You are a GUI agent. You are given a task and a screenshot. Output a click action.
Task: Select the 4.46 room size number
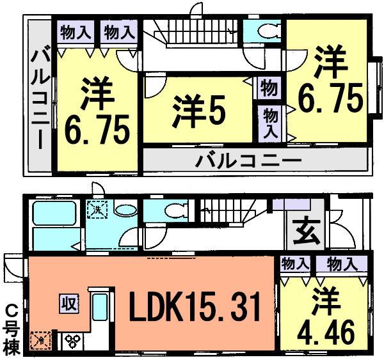tap(325, 331)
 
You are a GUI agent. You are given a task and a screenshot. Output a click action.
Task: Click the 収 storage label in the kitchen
tap(69, 302)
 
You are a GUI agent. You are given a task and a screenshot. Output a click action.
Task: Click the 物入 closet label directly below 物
tap(271, 122)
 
